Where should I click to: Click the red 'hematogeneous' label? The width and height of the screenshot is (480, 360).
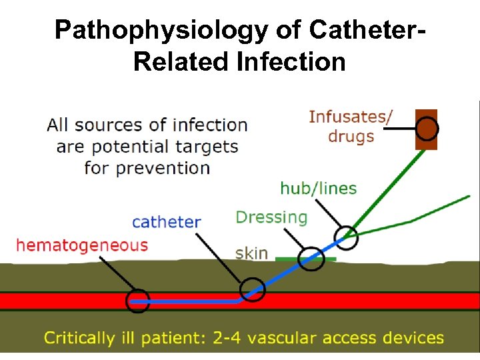[81, 245]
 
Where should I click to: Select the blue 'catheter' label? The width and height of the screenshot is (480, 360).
[167, 221]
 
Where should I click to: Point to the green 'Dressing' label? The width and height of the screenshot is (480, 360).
[271, 217]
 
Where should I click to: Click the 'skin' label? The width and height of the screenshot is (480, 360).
[251, 253]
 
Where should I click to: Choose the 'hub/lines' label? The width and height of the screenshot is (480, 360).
[318, 189]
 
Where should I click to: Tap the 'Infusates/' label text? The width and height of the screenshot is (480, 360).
[351, 117]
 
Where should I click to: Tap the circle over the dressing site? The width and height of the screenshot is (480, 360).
[310, 259]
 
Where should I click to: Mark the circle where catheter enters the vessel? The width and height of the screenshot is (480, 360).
[253, 289]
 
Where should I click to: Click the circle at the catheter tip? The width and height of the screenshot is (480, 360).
[138, 301]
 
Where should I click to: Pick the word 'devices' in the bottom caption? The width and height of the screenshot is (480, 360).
[415, 337]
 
